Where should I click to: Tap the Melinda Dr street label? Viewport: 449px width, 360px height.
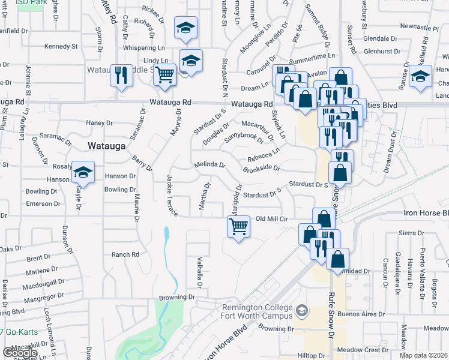coord(209,164)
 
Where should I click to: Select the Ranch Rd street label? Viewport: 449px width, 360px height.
coord(125,254)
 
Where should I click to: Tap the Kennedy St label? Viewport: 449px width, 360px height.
coord(61,46)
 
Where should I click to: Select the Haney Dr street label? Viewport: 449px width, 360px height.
coord(95,123)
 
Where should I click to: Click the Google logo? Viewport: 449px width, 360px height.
coord(20,353)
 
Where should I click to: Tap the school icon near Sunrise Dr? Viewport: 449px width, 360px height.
coord(420,78)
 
